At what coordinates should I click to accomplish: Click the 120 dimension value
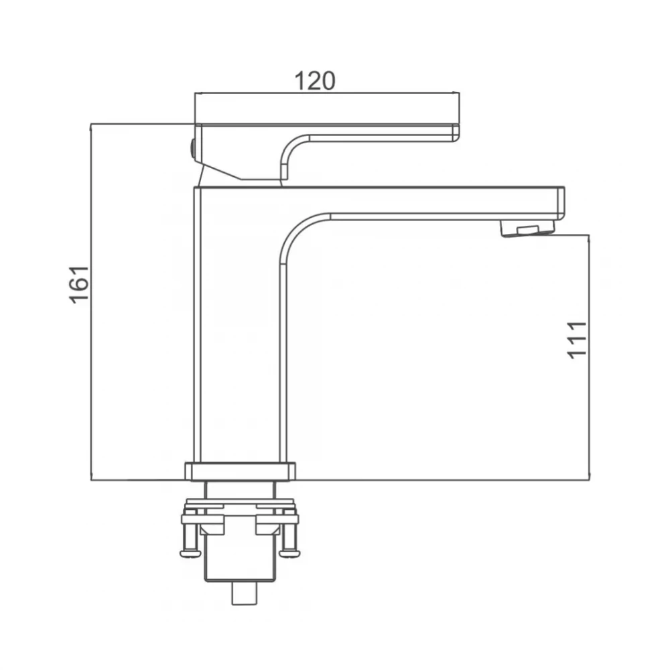pos(315,81)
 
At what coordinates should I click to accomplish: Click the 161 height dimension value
pos(79,285)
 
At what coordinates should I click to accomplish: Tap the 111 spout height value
pos(577,340)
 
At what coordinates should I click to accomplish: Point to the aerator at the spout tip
pos(528,228)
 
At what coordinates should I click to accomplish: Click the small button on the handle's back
pos(193,150)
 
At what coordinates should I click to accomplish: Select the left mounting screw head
pos(190,554)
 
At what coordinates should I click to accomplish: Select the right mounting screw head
pos(289,554)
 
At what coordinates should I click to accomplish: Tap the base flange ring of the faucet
pos(240,471)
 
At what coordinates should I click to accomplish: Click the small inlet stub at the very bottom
pos(245,594)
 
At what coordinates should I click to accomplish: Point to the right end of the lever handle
pos(456,133)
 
